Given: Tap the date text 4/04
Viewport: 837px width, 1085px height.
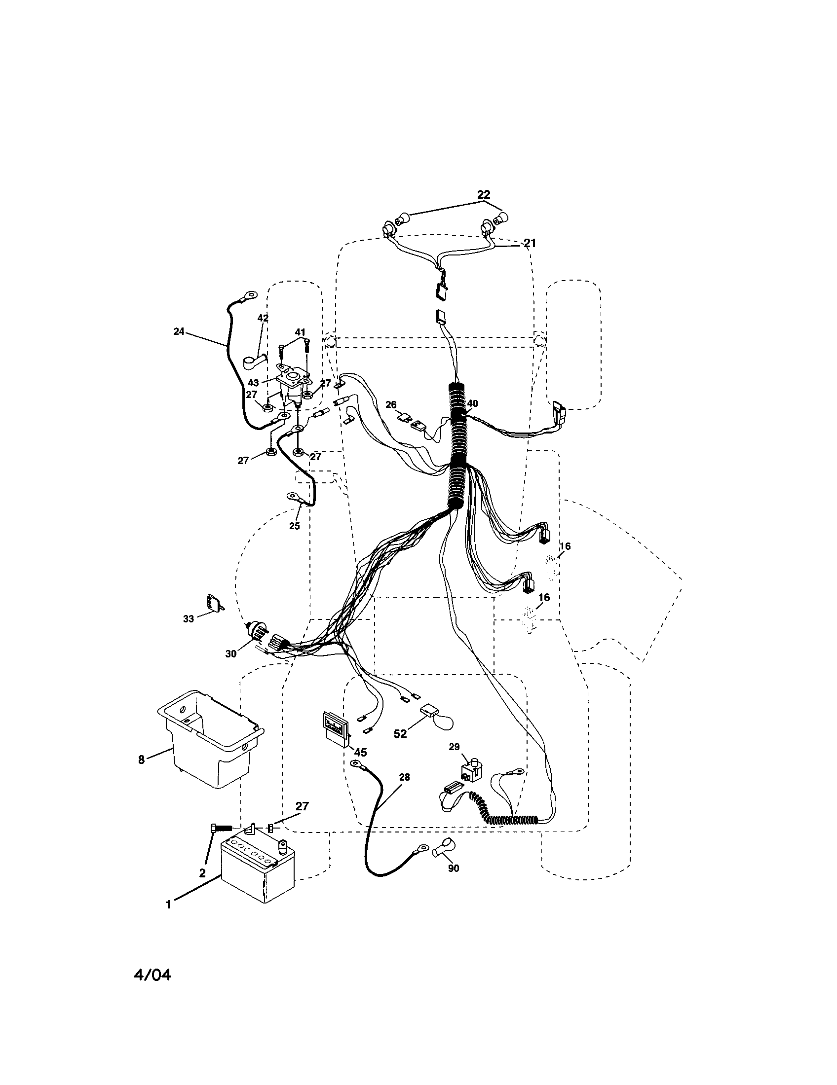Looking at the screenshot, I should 152,976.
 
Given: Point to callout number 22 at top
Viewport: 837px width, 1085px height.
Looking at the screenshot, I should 483,194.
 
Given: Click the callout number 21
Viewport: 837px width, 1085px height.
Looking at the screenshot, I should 530,244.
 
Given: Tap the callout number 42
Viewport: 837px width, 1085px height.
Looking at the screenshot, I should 263,318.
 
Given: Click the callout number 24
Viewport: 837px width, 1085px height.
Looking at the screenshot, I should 179,331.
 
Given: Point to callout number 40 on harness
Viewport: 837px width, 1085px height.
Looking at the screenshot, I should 472,403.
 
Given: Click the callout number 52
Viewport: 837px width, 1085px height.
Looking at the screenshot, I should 400,748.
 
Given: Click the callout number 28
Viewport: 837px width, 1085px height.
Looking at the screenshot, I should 404,777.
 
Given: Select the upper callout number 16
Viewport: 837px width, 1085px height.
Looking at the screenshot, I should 565,546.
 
